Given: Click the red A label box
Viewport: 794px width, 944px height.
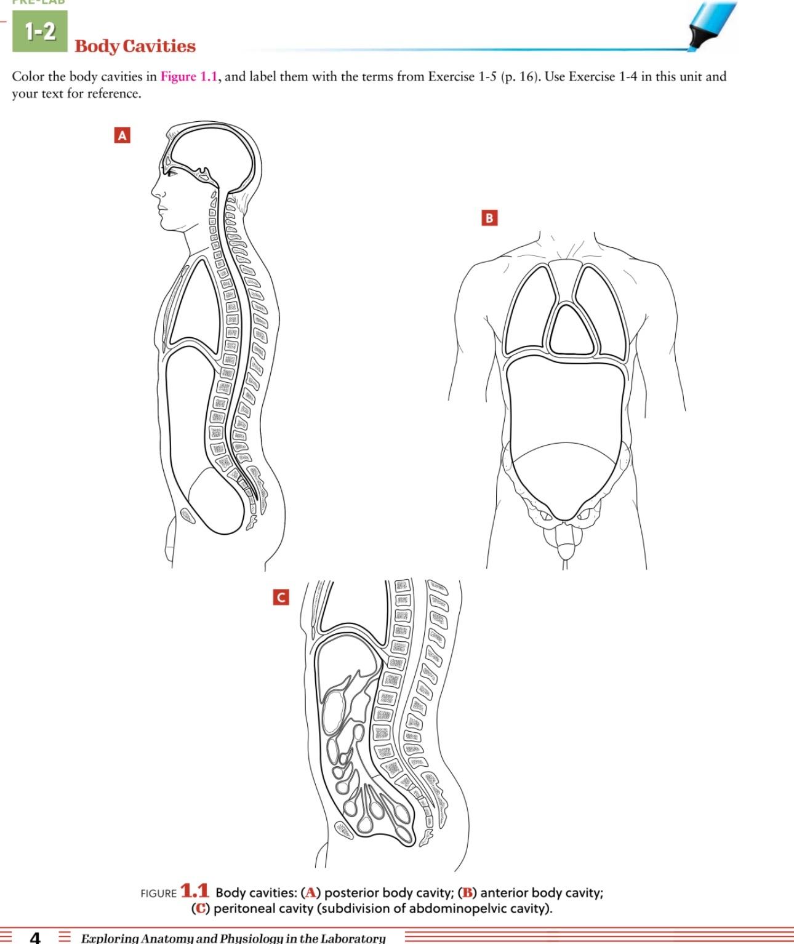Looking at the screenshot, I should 122,135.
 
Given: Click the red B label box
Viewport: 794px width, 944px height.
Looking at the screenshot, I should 489,218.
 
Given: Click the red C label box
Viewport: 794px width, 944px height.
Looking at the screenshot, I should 281,597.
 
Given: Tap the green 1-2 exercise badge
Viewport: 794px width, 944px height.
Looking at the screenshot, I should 40,31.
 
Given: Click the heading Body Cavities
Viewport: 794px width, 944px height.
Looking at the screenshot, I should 135,46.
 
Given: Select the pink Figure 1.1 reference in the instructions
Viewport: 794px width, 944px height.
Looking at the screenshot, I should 189,77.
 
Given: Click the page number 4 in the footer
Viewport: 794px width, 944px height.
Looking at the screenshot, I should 36,937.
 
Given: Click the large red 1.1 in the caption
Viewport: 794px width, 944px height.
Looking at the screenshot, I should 194,891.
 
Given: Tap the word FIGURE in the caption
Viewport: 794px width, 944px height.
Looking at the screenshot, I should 158,894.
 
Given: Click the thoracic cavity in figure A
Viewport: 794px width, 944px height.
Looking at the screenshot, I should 191,302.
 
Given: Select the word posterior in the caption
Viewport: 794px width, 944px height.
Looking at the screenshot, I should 351,893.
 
